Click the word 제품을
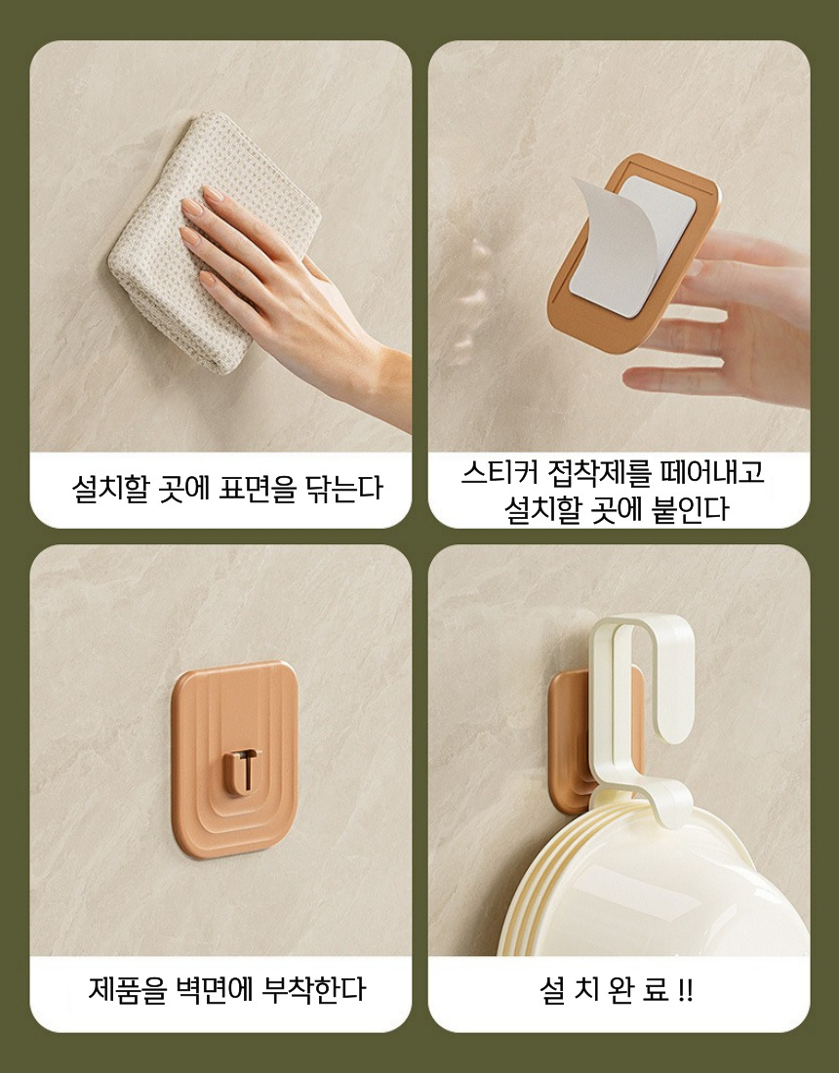click(127, 990)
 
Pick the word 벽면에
click(215, 990)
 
